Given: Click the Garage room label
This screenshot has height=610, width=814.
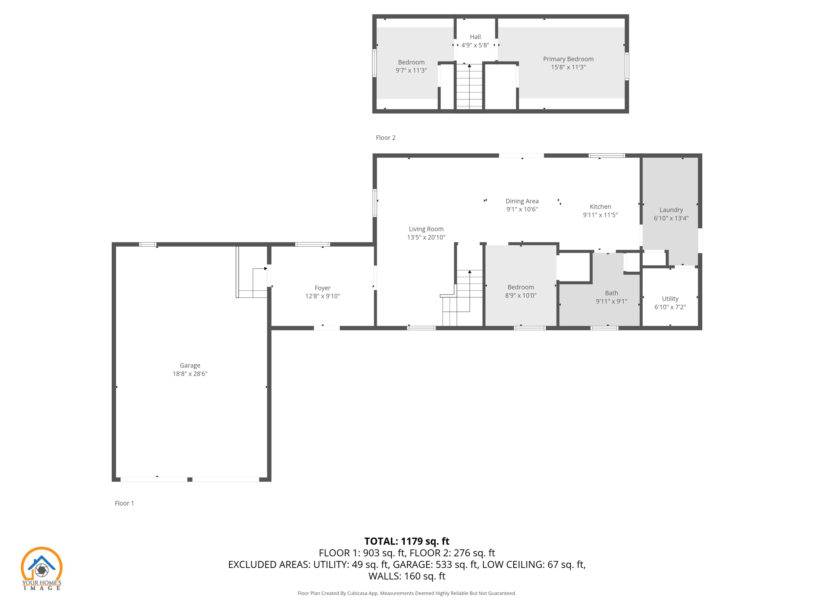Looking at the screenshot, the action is click(190, 365).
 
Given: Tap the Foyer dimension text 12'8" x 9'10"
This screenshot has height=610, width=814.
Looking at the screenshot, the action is click(322, 296).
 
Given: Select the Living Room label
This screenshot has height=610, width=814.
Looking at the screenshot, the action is click(426, 229).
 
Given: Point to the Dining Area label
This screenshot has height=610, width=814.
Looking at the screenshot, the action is click(522, 201).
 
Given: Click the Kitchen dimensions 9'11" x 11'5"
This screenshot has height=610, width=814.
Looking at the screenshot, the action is click(600, 215).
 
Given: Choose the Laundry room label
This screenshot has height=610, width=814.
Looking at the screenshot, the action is click(671, 210).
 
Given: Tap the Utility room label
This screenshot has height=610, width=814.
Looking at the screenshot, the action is click(670, 299).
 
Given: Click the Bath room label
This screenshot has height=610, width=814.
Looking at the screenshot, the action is click(611, 293).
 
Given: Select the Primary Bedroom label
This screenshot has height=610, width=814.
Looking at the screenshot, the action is click(568, 59).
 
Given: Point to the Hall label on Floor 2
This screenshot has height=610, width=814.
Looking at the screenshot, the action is click(475, 37).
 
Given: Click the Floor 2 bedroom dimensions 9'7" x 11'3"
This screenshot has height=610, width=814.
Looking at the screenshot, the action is click(411, 70).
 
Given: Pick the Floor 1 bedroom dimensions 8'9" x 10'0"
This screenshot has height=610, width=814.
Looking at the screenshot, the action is click(521, 295).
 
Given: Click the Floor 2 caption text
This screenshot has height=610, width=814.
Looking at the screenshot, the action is click(386, 138).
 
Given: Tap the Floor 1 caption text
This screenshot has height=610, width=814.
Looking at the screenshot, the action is click(124, 503).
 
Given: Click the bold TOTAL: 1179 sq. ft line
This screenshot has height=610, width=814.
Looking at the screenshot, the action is click(407, 541).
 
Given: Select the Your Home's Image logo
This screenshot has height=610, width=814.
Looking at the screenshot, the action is click(42, 568).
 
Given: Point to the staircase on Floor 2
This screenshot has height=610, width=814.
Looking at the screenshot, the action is click(469, 87).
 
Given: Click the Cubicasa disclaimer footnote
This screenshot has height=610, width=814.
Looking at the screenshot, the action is click(407, 593).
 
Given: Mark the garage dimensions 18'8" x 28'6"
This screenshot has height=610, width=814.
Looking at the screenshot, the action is click(190, 374).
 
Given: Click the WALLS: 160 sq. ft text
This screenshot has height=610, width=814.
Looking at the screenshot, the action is click(407, 576).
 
